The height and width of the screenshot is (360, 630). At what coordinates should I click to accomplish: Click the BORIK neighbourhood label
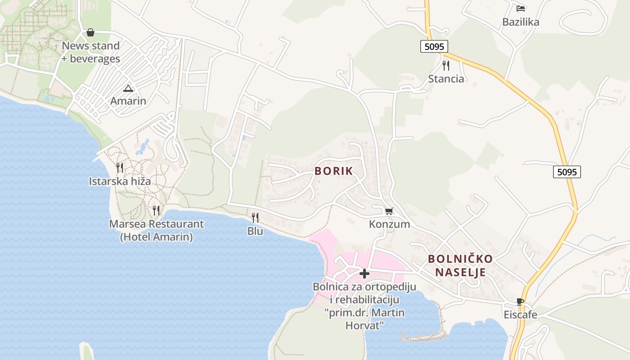point(333,171)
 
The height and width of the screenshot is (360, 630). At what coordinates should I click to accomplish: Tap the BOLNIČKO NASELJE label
point(460,265)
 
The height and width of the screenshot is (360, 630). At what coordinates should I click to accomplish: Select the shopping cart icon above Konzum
point(389,211)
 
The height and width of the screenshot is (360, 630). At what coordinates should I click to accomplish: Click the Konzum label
point(389,224)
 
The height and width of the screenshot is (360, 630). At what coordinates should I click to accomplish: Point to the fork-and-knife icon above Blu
point(255,218)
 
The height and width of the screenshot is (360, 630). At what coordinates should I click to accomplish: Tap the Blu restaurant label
point(255,231)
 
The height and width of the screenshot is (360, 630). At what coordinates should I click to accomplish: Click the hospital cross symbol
point(364,273)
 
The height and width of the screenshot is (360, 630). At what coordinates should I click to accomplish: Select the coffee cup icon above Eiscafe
point(520,301)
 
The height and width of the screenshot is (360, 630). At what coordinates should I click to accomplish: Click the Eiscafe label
point(520,315)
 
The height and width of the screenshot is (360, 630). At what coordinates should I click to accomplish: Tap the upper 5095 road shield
point(434,46)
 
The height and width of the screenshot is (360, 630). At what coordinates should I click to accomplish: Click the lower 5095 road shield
point(567,171)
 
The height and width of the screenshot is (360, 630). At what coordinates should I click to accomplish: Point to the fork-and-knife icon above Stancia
point(446,66)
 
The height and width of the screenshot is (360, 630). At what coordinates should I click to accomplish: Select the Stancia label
point(446,79)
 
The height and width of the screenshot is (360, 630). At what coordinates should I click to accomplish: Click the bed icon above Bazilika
point(521,8)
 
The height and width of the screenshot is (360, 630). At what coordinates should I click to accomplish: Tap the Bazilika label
point(521,22)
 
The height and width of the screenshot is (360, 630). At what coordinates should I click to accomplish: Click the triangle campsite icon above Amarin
point(128,88)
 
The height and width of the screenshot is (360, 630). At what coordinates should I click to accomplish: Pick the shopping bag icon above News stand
point(90,32)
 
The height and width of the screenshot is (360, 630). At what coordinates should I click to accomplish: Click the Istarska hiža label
point(120,181)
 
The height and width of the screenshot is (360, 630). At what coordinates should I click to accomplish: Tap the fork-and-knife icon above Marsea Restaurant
point(156,210)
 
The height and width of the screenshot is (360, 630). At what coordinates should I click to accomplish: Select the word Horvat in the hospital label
point(364,324)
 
